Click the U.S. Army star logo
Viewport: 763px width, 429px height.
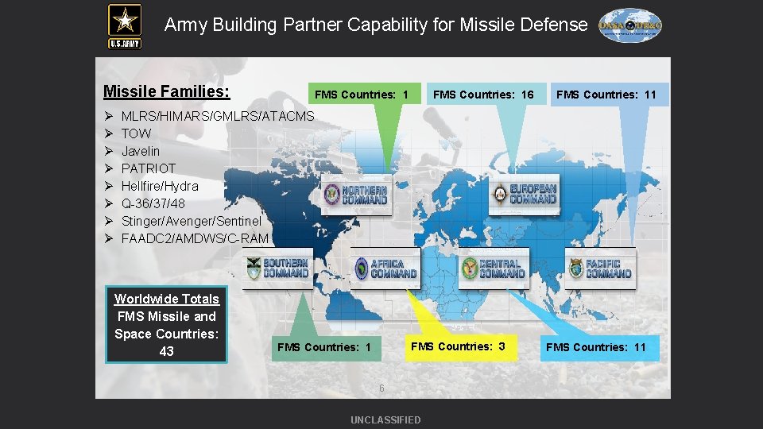pos(125,25)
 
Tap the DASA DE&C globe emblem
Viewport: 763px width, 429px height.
pos(629,25)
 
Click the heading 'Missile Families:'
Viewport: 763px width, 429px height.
pos(167,92)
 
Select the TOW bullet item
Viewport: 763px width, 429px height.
pos(136,133)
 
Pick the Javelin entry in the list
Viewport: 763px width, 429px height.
pos(141,151)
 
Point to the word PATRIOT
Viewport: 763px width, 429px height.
pos(149,168)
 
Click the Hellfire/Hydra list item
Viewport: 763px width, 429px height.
pos(160,186)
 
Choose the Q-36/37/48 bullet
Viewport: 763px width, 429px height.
pos(153,203)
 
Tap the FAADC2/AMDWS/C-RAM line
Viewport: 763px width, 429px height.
pos(195,238)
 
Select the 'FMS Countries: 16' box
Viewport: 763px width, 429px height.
pos(483,95)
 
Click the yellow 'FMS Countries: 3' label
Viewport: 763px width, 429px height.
pos(458,346)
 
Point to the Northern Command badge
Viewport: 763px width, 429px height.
pos(356,195)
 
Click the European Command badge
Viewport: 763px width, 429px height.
pos(524,194)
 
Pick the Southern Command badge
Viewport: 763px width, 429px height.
pos(277,269)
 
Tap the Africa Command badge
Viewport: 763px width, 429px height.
pos(385,269)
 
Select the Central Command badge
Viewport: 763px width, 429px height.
pos(492,269)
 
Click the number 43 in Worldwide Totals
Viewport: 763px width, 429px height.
pos(166,351)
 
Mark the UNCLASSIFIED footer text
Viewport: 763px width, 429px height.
pos(385,419)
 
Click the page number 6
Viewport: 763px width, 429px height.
pos(381,388)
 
